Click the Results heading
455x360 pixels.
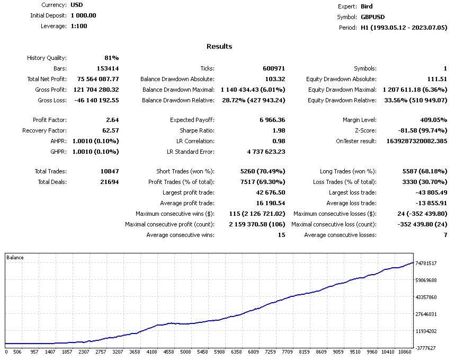click(219, 46)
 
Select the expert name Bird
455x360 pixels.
click(367, 6)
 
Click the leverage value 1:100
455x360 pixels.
click(79, 26)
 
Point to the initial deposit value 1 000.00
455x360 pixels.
click(83, 15)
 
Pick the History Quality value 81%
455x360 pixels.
click(111, 58)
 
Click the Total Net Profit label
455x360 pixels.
click(47, 79)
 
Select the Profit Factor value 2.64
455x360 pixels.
click(112, 120)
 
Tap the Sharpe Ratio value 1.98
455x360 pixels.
click(278, 130)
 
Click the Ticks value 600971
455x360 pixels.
click(274, 68)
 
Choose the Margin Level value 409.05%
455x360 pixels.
click(432, 120)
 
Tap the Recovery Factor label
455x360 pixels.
click(44, 130)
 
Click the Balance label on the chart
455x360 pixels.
click(15, 258)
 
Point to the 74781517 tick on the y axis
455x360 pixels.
click(426, 264)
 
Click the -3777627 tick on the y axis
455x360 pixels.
click(426, 348)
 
